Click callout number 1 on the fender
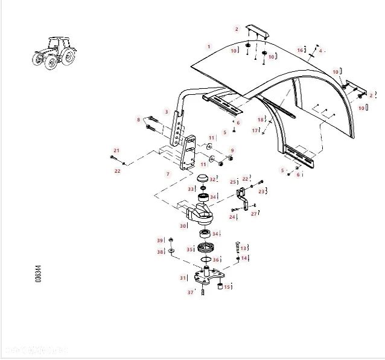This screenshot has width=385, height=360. tap(209, 47)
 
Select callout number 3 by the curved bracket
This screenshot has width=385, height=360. tap(167, 112)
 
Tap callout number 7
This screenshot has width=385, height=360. tap(168, 174)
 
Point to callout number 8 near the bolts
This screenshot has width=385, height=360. tap(139, 120)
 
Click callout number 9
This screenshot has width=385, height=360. tap(232, 150)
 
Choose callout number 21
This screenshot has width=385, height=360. tap(116, 150)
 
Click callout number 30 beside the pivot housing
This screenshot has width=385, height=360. tap(183, 226)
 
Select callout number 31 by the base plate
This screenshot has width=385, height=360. tap(183, 278)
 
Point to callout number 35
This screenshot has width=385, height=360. tap(189, 249)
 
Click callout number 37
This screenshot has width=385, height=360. tap(191, 292)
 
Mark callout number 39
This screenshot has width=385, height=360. tap(160, 240)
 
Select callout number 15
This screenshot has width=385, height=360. tap(227, 287)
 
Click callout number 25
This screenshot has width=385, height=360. tap(233, 181)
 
